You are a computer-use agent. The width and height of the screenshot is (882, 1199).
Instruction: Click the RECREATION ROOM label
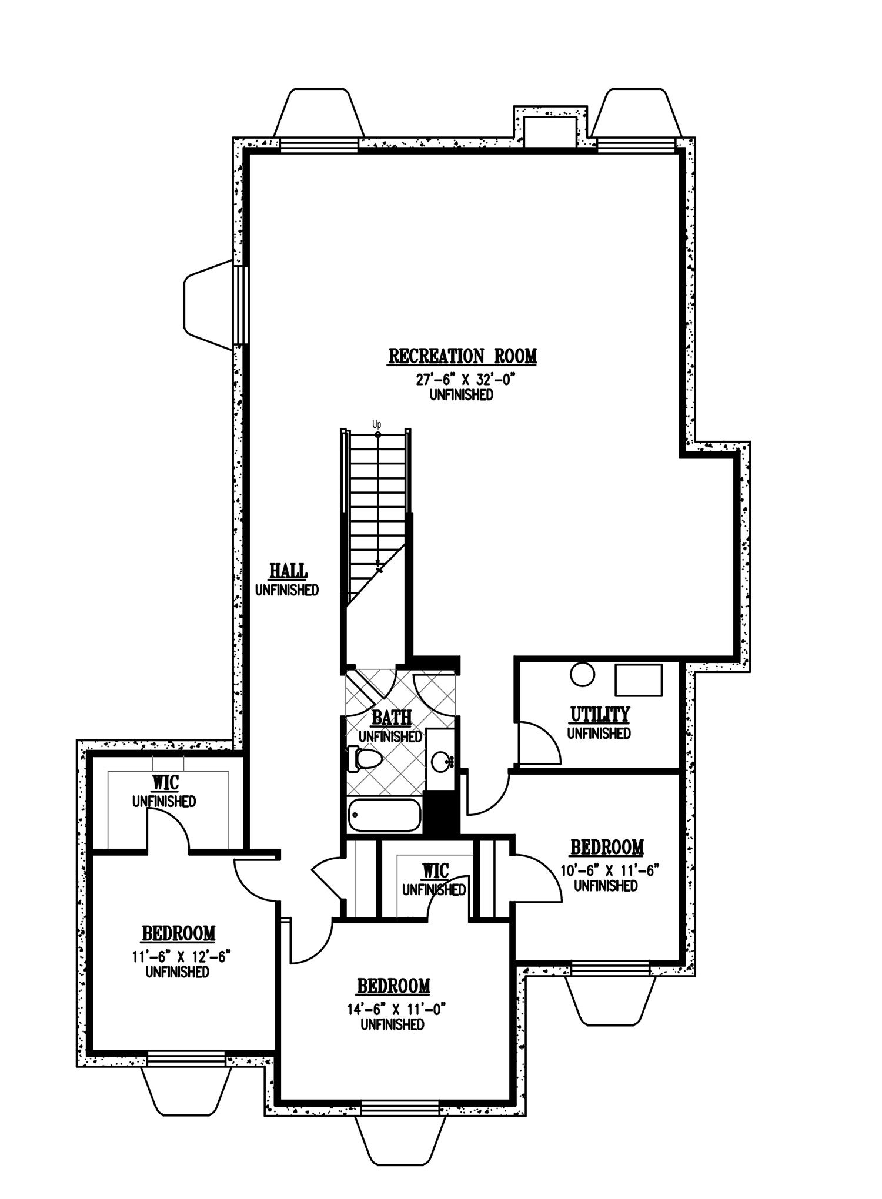tap(462, 356)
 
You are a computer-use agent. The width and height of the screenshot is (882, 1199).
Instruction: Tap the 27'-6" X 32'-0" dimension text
tap(461, 379)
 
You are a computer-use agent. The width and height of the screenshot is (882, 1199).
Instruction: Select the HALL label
tap(288, 571)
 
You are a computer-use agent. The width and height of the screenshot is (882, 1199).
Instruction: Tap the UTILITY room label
tap(599, 715)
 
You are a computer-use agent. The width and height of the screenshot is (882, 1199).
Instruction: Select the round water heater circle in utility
tap(583, 674)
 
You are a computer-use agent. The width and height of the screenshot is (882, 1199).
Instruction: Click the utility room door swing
tap(538, 742)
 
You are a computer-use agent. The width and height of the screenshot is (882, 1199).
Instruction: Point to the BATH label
tap(391, 718)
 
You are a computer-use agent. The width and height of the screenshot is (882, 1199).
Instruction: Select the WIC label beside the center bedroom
tap(435, 870)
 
